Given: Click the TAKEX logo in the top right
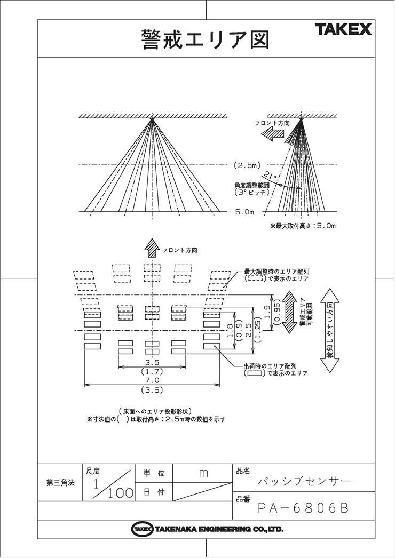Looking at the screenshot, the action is pos(343,29).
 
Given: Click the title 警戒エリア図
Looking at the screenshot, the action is pos(206,39).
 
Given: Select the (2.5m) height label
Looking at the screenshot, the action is pos(248,165).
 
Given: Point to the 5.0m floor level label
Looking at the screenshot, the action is pos(244,212).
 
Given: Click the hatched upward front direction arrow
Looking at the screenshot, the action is pos(152,248).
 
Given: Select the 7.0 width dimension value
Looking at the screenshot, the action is pos(152,380).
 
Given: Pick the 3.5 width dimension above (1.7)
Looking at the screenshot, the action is pos(152,362).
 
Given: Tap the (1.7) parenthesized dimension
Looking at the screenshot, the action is pos(152,371).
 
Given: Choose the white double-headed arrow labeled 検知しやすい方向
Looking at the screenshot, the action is pos(330,331).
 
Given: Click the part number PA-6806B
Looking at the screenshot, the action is pos(303,508).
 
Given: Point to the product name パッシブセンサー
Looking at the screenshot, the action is pos(305,481).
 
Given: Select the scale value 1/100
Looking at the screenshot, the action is pos(112,487).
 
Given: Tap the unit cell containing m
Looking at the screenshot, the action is pos(203,473).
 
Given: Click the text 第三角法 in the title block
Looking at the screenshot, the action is pos(60,483).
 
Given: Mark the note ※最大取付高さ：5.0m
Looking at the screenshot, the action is pos(303,226).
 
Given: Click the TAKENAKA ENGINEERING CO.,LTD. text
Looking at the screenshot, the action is pos(219,529).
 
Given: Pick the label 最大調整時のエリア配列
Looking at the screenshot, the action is pos(276,272).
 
